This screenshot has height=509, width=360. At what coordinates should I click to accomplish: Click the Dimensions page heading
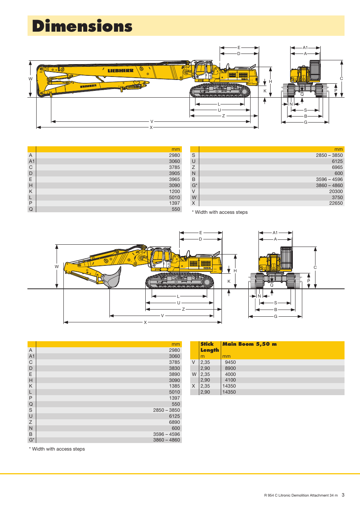tap(82, 26)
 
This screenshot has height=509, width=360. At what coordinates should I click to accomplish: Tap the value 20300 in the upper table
tap(336, 191)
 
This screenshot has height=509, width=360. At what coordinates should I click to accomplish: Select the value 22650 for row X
tap(336, 203)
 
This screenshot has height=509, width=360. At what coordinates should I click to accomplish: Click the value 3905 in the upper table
tap(174, 173)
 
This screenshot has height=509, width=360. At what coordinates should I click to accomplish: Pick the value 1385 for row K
tap(174, 386)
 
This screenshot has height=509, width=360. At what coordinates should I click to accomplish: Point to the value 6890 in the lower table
tap(174, 422)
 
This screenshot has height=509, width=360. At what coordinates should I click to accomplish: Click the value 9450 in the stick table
tap(230, 362)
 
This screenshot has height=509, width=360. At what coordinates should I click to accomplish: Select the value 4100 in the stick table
tap(230, 380)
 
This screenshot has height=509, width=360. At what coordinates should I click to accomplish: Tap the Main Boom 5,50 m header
tap(249, 344)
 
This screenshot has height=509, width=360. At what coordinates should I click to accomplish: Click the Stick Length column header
tap(209, 347)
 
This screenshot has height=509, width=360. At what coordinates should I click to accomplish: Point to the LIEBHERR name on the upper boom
tap(120, 71)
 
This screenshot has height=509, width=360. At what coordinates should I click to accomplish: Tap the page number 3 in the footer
tap(343, 495)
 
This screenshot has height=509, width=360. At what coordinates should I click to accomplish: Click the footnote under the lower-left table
tap(57, 449)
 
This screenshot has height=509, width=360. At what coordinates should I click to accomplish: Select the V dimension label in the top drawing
tap(152, 121)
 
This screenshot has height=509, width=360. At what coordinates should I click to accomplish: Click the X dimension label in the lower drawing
tap(145, 322)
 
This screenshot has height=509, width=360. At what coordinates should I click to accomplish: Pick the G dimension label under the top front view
tap(305, 122)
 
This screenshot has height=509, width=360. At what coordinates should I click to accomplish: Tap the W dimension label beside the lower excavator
tap(57, 267)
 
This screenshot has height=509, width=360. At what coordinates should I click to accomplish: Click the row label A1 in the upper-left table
tap(32, 161)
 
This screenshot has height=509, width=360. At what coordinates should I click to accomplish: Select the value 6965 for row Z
tap(337, 167)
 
